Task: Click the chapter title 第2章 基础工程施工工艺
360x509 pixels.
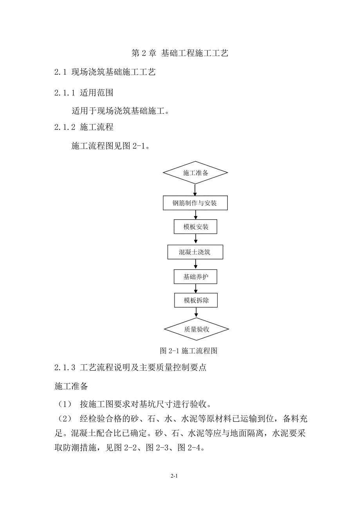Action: [x=180, y=54]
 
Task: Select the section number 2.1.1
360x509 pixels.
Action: [x=65, y=93]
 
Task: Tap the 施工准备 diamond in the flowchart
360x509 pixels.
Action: [x=195, y=173]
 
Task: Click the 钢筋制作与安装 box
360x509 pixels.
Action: [x=195, y=203]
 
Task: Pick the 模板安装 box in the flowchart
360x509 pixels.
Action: [x=195, y=227]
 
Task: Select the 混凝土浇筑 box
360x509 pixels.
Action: [x=195, y=252]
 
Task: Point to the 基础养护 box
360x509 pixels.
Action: [x=195, y=277]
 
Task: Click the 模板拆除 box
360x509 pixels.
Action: [x=195, y=300]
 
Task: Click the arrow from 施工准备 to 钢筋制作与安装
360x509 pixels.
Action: [x=195, y=190]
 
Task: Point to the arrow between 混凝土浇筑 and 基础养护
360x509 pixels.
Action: [x=195, y=265]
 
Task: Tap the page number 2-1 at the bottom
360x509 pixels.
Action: [x=175, y=476]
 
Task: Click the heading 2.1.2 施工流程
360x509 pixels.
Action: [x=84, y=127]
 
